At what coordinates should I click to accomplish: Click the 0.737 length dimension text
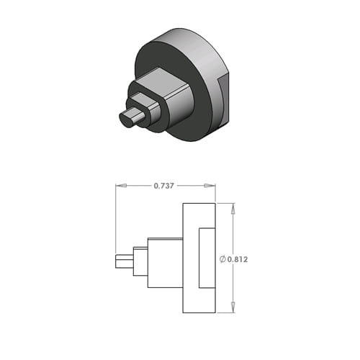(163, 186)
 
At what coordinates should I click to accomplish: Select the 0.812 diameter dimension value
(238, 259)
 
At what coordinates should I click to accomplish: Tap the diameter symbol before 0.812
(222, 259)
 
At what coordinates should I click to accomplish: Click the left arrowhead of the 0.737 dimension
(121, 186)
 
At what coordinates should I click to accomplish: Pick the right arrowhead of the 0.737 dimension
(210, 186)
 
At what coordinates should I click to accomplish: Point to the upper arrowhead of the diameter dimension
(233, 209)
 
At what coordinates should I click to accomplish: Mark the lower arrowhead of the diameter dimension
(233, 307)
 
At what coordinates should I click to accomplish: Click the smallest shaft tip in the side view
(125, 261)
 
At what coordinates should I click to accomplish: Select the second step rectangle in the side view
(140, 261)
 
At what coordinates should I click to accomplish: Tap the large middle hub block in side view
(165, 263)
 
